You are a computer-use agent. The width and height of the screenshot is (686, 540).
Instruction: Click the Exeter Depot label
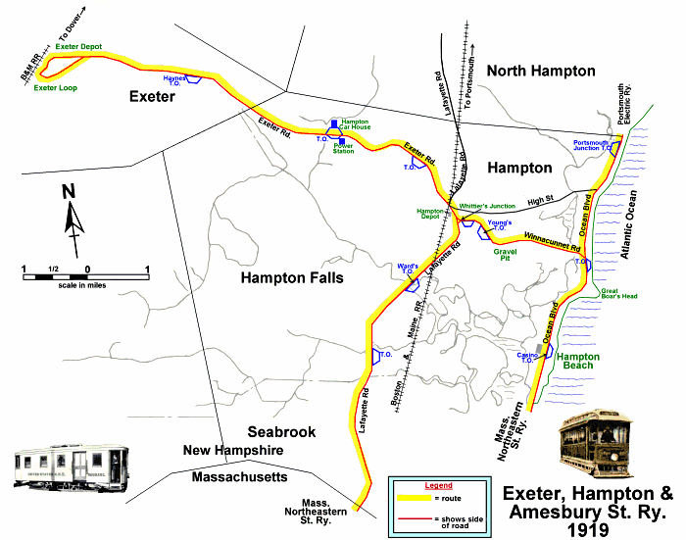coord(79,45)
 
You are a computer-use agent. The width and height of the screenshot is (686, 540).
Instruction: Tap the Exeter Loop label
coord(54,88)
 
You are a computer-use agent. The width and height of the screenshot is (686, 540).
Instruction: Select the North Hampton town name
coord(542,71)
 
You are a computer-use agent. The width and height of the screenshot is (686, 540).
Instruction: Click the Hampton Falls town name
coord(292,278)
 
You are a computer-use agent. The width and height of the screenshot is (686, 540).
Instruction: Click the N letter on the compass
coord(69,192)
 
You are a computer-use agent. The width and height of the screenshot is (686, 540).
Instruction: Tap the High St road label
coord(540,200)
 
